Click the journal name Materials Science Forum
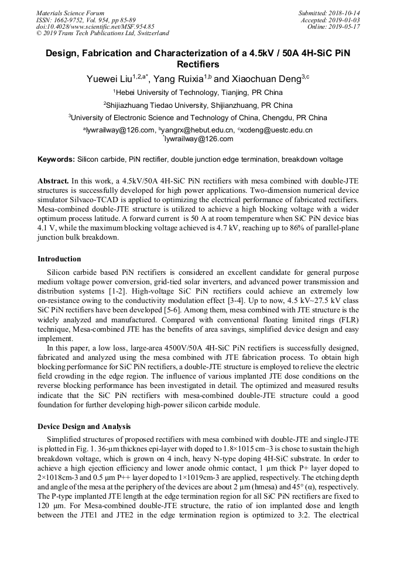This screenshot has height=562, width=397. point(70,13)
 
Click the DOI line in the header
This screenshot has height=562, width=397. point(95,26)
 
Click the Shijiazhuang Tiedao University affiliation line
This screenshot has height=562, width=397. point(199,105)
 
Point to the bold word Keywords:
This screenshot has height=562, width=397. point(56,159)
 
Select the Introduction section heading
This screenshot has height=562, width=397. point(59,258)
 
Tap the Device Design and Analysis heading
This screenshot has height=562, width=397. point(84,426)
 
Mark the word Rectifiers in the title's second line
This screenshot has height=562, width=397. point(198,64)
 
